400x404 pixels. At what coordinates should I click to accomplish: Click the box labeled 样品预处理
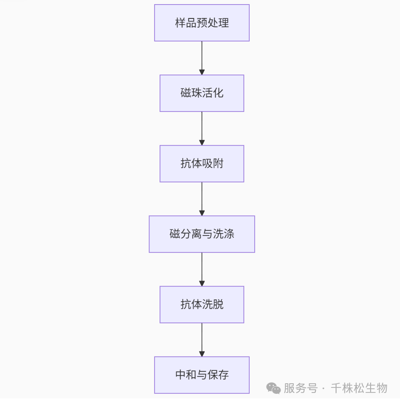click(202, 23)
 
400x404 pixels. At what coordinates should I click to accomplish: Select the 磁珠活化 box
click(202, 93)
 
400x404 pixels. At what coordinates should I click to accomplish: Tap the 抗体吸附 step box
click(202, 164)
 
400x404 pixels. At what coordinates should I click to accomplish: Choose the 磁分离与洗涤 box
click(202, 234)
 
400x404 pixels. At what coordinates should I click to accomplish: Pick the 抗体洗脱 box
click(202, 304)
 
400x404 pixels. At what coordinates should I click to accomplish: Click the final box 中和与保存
click(202, 375)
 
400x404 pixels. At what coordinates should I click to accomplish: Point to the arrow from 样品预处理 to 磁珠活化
click(202, 58)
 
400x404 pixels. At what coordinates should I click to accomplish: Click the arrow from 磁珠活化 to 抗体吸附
click(202, 128)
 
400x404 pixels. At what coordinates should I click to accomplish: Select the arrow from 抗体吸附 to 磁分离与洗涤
click(202, 199)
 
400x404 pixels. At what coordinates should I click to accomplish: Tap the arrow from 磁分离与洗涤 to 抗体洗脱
click(202, 269)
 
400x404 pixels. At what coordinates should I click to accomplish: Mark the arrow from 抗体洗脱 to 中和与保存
click(202, 340)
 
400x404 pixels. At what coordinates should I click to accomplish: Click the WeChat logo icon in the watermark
click(273, 388)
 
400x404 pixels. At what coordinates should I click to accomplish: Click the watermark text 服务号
click(300, 388)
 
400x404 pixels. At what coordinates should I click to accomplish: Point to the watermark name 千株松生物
click(359, 388)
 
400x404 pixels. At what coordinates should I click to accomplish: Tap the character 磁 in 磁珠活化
click(186, 93)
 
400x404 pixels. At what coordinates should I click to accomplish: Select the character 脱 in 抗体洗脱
click(218, 304)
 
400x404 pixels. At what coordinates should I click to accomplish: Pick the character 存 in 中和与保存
click(223, 375)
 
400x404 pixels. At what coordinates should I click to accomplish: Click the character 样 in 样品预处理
click(180, 23)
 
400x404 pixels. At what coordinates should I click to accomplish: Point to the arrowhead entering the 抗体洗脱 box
click(202, 283)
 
